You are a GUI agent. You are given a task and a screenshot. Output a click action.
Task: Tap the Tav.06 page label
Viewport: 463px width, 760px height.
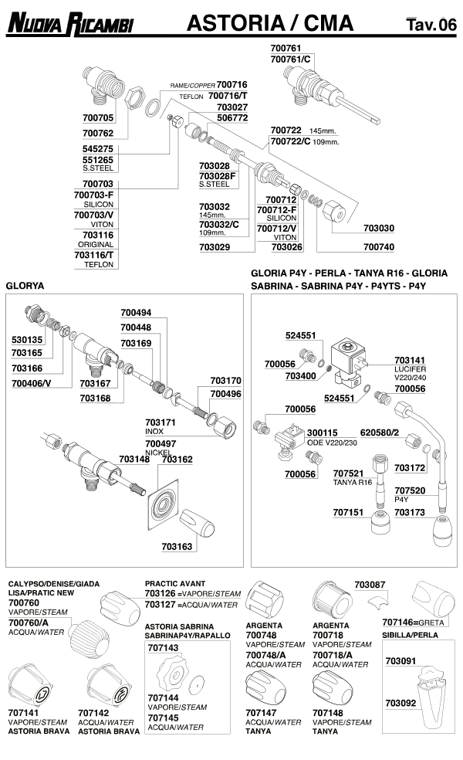(431, 25)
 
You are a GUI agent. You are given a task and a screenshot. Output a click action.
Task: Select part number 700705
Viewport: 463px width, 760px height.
(98, 118)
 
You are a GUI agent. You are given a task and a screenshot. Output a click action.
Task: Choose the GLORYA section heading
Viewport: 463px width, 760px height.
(25, 285)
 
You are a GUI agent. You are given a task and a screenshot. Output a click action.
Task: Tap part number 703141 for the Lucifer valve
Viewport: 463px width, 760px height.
(410, 360)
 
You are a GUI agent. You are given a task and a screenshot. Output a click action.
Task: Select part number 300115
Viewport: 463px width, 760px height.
(323, 433)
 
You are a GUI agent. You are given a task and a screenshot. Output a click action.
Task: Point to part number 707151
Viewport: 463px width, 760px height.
(348, 511)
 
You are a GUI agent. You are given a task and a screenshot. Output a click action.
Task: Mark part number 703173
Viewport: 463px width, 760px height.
(410, 511)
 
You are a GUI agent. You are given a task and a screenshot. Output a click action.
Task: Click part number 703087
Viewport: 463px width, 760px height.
(370, 585)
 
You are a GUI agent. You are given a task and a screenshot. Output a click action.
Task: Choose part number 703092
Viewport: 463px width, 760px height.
(400, 703)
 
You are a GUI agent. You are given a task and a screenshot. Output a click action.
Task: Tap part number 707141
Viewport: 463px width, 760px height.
(24, 713)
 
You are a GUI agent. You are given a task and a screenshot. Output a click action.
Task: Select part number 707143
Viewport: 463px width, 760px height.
(163, 647)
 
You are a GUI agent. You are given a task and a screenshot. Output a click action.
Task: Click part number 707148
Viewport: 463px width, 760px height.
(328, 713)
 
